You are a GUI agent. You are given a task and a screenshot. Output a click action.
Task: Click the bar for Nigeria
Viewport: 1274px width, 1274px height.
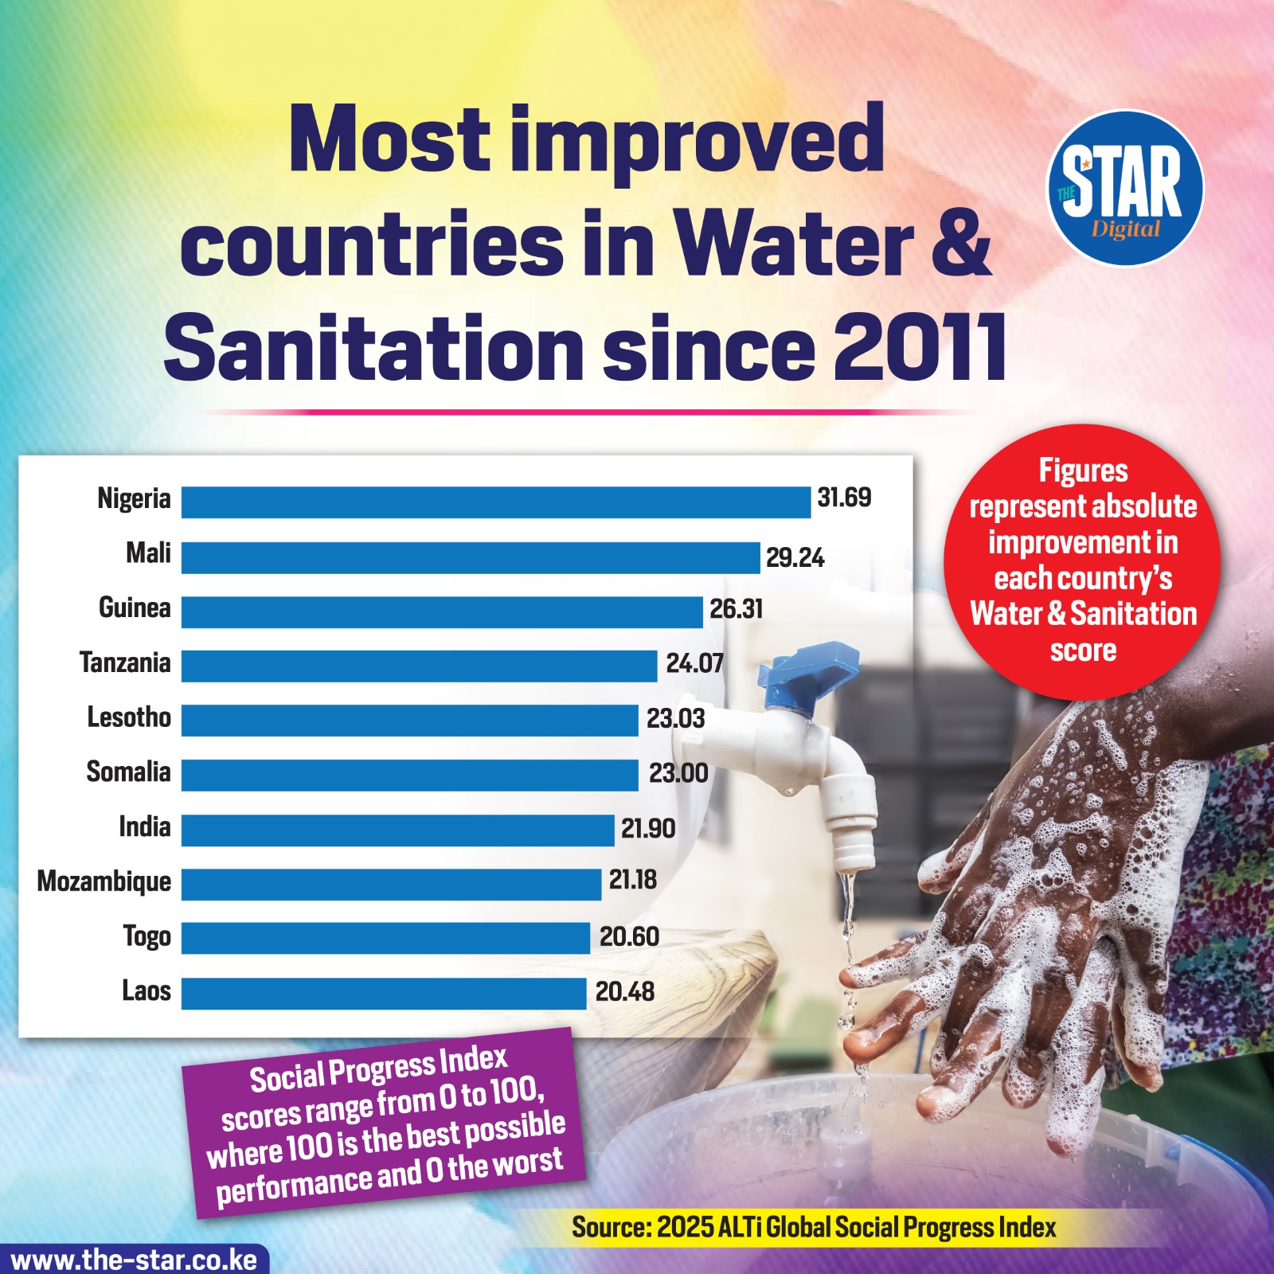point(495,502)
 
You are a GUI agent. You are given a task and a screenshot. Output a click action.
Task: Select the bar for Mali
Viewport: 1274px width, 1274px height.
point(470,557)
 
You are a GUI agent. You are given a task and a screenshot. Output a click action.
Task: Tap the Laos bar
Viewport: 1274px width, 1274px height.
point(384,994)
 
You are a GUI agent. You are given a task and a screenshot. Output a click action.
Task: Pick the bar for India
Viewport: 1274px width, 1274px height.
point(397,830)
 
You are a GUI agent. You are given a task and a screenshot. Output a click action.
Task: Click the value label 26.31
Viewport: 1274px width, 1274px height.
point(736,609)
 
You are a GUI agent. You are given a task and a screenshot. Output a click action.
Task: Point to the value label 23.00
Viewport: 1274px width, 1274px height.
point(678,773)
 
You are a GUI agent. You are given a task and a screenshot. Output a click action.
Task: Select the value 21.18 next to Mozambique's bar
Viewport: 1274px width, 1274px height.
point(633,880)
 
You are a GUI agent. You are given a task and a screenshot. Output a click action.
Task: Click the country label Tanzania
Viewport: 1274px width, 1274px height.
point(125,662)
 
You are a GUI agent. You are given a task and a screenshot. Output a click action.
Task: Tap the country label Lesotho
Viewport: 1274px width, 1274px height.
point(129,717)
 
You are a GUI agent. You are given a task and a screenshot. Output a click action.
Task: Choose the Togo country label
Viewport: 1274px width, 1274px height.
point(147,936)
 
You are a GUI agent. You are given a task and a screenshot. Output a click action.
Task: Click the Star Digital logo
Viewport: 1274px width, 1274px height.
point(1124,188)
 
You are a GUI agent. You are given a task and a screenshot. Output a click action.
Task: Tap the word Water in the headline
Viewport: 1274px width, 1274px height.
point(794,244)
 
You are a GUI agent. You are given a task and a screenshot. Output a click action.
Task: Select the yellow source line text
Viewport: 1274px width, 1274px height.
point(813,1228)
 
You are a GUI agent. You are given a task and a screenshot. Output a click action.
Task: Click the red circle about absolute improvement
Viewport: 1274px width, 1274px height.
point(1083,561)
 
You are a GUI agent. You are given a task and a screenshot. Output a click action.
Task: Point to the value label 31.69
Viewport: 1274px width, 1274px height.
point(844,498)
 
